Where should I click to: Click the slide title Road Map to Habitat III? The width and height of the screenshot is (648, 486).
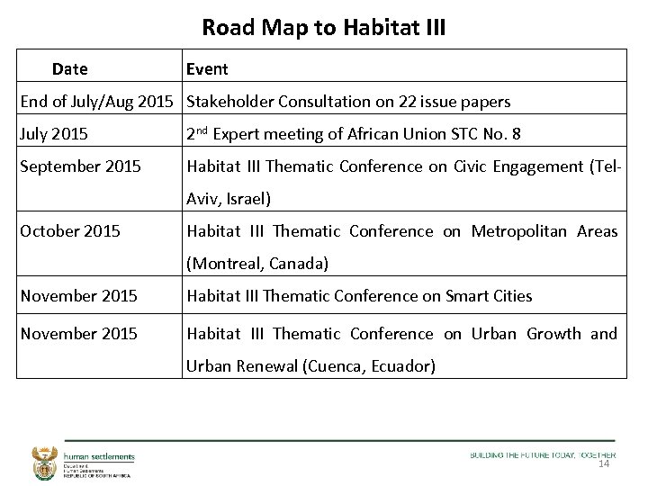click(x=323, y=28)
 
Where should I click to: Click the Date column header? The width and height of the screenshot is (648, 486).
click(x=70, y=69)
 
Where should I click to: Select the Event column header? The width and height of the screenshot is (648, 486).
click(x=207, y=69)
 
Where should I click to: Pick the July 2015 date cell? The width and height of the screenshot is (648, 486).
click(x=54, y=134)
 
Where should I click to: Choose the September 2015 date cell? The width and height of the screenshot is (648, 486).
click(x=81, y=166)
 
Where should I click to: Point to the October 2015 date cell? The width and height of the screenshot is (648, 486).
click(x=70, y=231)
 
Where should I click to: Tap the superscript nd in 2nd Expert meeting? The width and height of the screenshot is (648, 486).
click(x=203, y=130)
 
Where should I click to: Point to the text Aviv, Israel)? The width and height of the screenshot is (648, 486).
click(x=229, y=199)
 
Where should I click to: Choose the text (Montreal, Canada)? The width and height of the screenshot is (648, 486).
click(x=257, y=264)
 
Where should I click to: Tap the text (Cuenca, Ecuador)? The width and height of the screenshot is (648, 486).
click(x=369, y=366)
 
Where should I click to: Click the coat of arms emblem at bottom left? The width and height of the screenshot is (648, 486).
click(x=43, y=462)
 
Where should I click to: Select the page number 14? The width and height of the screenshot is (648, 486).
click(x=603, y=464)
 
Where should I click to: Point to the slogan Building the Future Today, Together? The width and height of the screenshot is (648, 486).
click(x=543, y=455)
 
